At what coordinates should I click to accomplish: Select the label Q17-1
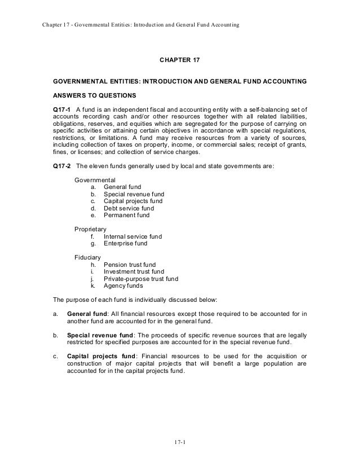(62, 109)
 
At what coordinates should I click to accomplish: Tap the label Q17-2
(62, 167)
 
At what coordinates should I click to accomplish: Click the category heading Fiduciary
(87, 257)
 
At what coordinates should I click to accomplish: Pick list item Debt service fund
(126, 208)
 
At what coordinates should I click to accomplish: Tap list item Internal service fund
(133, 236)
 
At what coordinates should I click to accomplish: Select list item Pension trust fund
(130, 265)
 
